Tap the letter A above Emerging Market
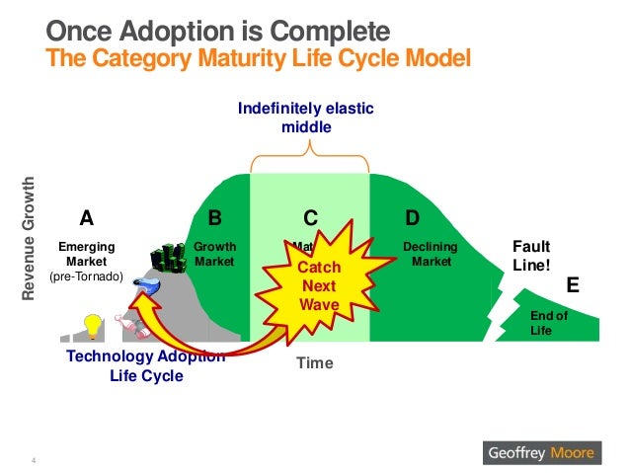(87, 217)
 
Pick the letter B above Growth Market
(215, 217)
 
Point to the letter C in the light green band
(310, 217)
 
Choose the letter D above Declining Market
(413, 217)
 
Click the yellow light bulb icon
(93, 325)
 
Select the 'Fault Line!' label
(532, 256)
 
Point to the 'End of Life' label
(549, 323)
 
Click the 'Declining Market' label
(428, 254)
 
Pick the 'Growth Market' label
(214, 254)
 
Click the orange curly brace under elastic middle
(310, 153)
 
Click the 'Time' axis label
(315, 363)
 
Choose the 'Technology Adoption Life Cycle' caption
(144, 365)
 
